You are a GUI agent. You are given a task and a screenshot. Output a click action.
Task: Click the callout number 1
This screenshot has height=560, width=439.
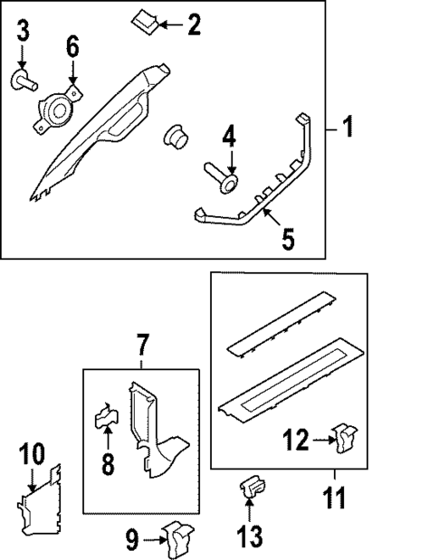tap(347, 128)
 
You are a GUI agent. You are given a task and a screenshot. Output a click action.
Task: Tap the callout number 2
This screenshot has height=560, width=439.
tap(193, 24)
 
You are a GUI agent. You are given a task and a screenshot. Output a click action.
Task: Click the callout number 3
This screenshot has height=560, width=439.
tap(24, 32)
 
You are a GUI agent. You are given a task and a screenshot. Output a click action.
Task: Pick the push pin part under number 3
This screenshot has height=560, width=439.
tap(24, 82)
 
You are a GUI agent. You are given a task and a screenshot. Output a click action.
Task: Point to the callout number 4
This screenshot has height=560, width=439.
tap(229, 138)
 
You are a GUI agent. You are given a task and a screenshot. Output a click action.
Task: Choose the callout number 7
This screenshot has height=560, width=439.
tap(141, 345)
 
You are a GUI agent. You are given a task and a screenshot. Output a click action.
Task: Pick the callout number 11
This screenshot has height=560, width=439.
tap(333, 497)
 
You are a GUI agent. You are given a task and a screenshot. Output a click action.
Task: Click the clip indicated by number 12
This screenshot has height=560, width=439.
tap(344, 439)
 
